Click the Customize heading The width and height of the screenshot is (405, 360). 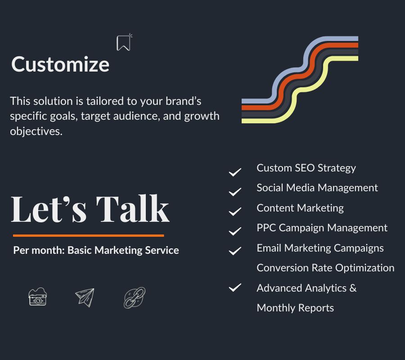tap(60, 64)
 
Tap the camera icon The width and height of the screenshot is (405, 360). tap(37, 297)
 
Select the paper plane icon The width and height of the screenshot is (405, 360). tap(85, 297)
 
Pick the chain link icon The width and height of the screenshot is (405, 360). tap(135, 298)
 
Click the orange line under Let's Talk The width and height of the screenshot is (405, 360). tap(88, 235)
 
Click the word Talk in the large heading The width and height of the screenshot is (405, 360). tap(133, 209)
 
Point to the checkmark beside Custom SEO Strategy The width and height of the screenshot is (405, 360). tap(235, 172)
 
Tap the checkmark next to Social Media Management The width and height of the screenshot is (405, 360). tap(235, 192)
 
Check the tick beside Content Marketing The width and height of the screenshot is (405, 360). tap(235, 211)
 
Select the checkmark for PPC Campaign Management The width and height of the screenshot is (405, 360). tap(235, 231)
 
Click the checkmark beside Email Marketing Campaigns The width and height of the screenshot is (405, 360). tap(235, 251)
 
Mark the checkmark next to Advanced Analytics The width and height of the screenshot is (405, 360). tap(235, 288)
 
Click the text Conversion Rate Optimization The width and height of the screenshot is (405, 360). tap(325, 268)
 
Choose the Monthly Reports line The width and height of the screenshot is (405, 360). tap(295, 308)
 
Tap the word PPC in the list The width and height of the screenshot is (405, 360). tap(266, 228)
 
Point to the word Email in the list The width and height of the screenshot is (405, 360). tap(269, 248)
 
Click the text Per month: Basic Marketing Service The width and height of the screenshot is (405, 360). tap(96, 251)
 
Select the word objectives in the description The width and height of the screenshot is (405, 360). tap(36, 131)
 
